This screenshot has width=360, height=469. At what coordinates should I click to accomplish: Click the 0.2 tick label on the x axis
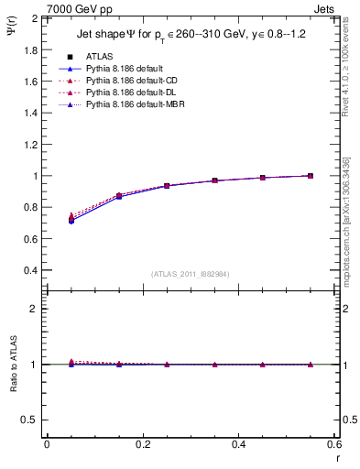point(142,444)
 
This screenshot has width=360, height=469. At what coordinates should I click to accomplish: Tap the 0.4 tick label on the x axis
point(238,444)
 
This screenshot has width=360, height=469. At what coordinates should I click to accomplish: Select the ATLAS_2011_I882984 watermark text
point(190,275)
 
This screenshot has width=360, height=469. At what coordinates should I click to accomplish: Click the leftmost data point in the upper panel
point(71,220)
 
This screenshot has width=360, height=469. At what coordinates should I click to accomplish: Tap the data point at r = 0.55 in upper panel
point(311,176)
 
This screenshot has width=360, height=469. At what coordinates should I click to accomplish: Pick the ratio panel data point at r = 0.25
point(167,365)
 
